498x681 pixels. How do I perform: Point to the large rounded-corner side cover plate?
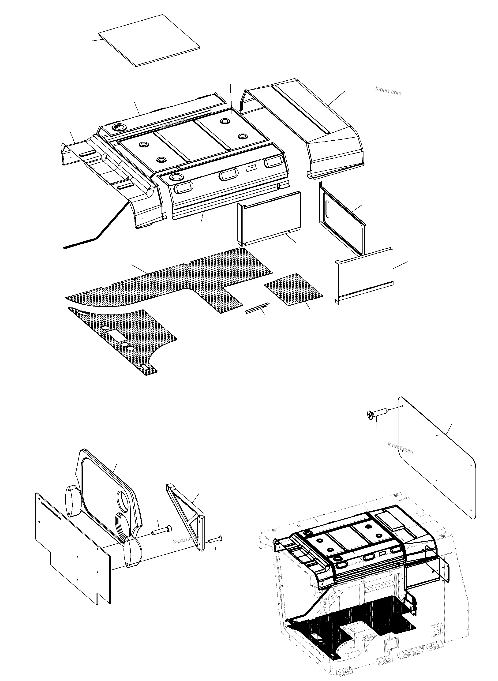coord(437,458)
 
